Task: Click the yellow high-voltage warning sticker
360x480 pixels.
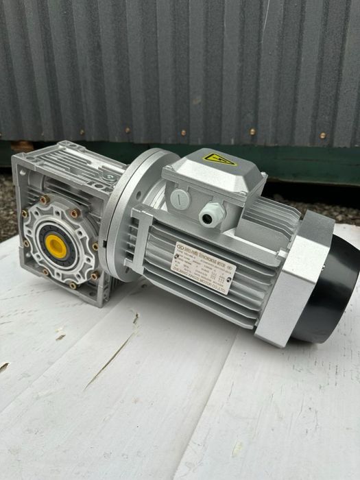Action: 219,159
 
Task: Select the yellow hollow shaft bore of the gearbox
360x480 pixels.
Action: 57,245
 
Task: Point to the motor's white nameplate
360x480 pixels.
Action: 204,268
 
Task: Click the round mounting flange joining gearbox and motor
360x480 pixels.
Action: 130,206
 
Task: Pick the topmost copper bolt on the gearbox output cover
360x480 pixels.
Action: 45,200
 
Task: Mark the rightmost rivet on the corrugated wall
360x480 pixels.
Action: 323,136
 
